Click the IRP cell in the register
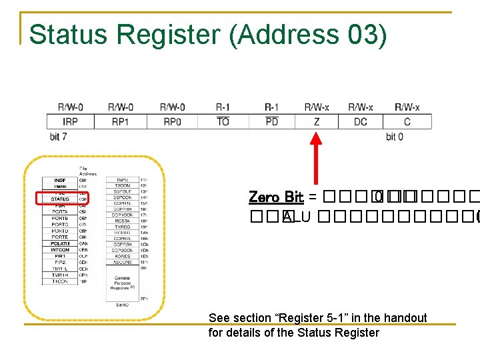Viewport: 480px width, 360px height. (70, 121)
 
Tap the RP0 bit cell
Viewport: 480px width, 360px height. (172, 121)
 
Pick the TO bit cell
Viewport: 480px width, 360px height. (223, 121)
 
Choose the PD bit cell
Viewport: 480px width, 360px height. (271, 121)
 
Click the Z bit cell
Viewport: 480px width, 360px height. (316, 121)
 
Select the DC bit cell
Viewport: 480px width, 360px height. (361, 121)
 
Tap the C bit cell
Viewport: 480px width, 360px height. (407, 121)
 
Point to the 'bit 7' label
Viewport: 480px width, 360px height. (58, 137)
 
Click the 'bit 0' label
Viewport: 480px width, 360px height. (395, 137)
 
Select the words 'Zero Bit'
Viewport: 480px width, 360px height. (276, 197)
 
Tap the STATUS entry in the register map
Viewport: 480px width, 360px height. (60, 199)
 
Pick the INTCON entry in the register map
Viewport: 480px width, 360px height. (60, 249)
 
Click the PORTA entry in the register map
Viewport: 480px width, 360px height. (60, 211)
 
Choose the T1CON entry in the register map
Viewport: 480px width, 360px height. (60, 281)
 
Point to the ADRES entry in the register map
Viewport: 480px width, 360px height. (122, 256)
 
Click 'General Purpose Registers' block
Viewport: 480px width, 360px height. (122, 283)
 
